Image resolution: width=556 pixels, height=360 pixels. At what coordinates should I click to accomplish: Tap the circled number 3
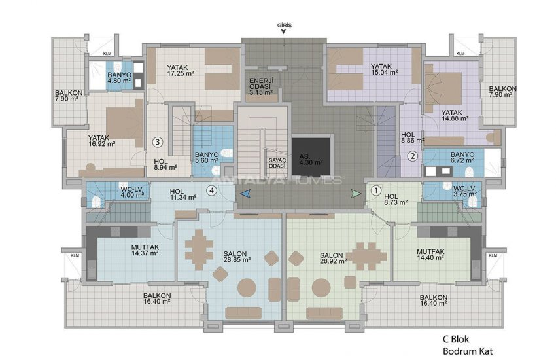(158, 141)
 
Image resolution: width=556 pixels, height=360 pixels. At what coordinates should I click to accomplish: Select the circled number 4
(211, 191)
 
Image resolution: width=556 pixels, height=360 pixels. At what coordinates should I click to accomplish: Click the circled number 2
(412, 156)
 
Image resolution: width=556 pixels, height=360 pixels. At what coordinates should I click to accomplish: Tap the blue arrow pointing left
(245, 193)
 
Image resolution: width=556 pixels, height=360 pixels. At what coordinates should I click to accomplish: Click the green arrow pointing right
(355, 193)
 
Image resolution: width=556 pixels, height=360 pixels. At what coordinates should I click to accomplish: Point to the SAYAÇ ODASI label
(277, 164)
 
